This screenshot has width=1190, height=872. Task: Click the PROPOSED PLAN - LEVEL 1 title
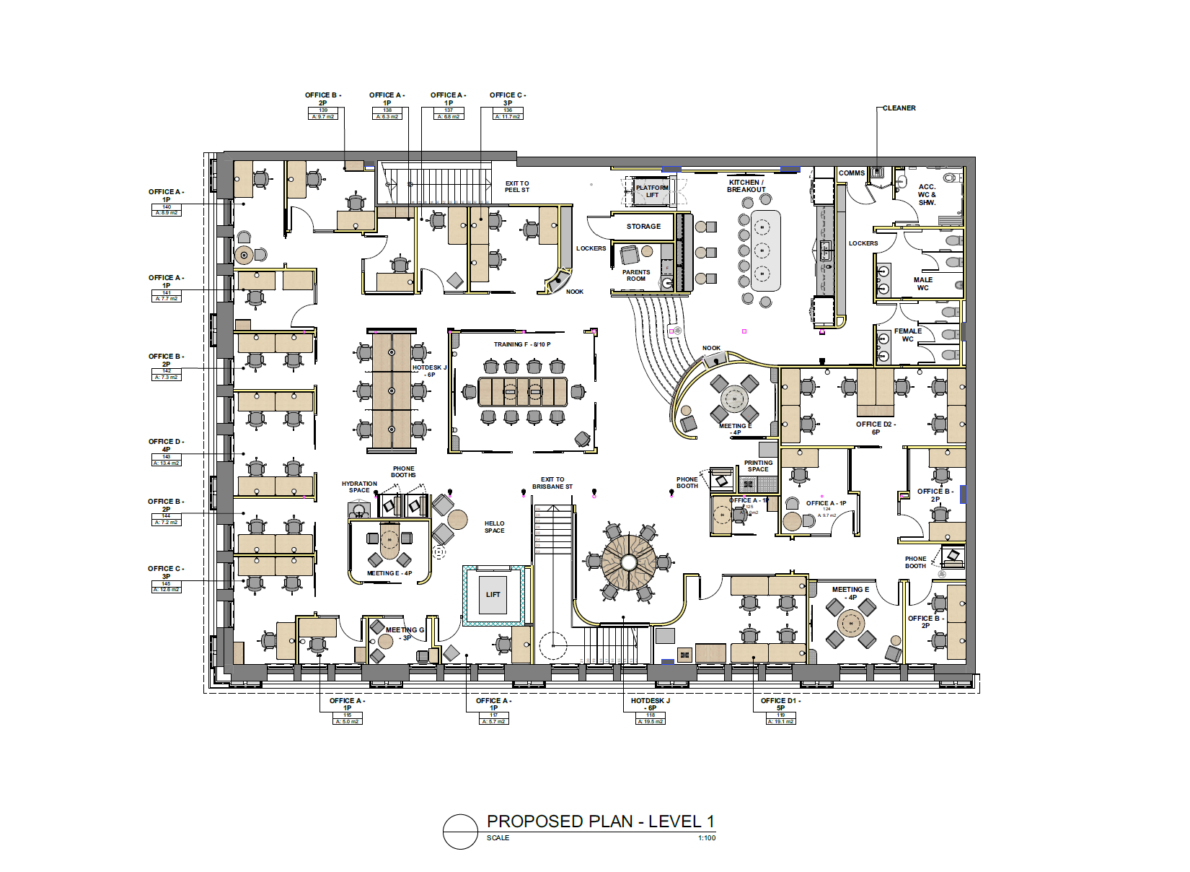click(x=600, y=821)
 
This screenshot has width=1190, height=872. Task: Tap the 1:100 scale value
click(x=707, y=838)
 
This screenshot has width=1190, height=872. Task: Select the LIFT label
click(x=493, y=595)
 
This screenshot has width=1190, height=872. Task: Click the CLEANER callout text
click(x=899, y=108)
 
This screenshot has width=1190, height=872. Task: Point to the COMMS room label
click(x=852, y=173)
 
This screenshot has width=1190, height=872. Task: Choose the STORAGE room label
click(x=643, y=227)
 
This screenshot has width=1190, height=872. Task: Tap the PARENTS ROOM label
click(x=636, y=276)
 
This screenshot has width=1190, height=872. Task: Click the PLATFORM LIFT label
click(x=652, y=191)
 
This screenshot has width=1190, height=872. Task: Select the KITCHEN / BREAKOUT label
click(x=746, y=186)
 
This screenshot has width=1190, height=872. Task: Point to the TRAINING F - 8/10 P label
click(x=522, y=344)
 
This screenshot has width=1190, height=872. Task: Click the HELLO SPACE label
click(x=495, y=527)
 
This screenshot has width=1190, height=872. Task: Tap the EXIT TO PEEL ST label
click(x=517, y=187)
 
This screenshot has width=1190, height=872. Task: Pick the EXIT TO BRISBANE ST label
click(x=552, y=483)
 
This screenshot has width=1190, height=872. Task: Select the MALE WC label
click(x=923, y=284)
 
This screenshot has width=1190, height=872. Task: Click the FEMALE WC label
click(x=908, y=335)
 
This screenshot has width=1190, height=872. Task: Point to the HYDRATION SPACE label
click(x=359, y=487)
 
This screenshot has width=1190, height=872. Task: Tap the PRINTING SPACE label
click(x=758, y=466)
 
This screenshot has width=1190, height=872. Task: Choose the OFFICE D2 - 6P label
click(x=876, y=428)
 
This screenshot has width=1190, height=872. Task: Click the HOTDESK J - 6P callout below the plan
click(x=651, y=704)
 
